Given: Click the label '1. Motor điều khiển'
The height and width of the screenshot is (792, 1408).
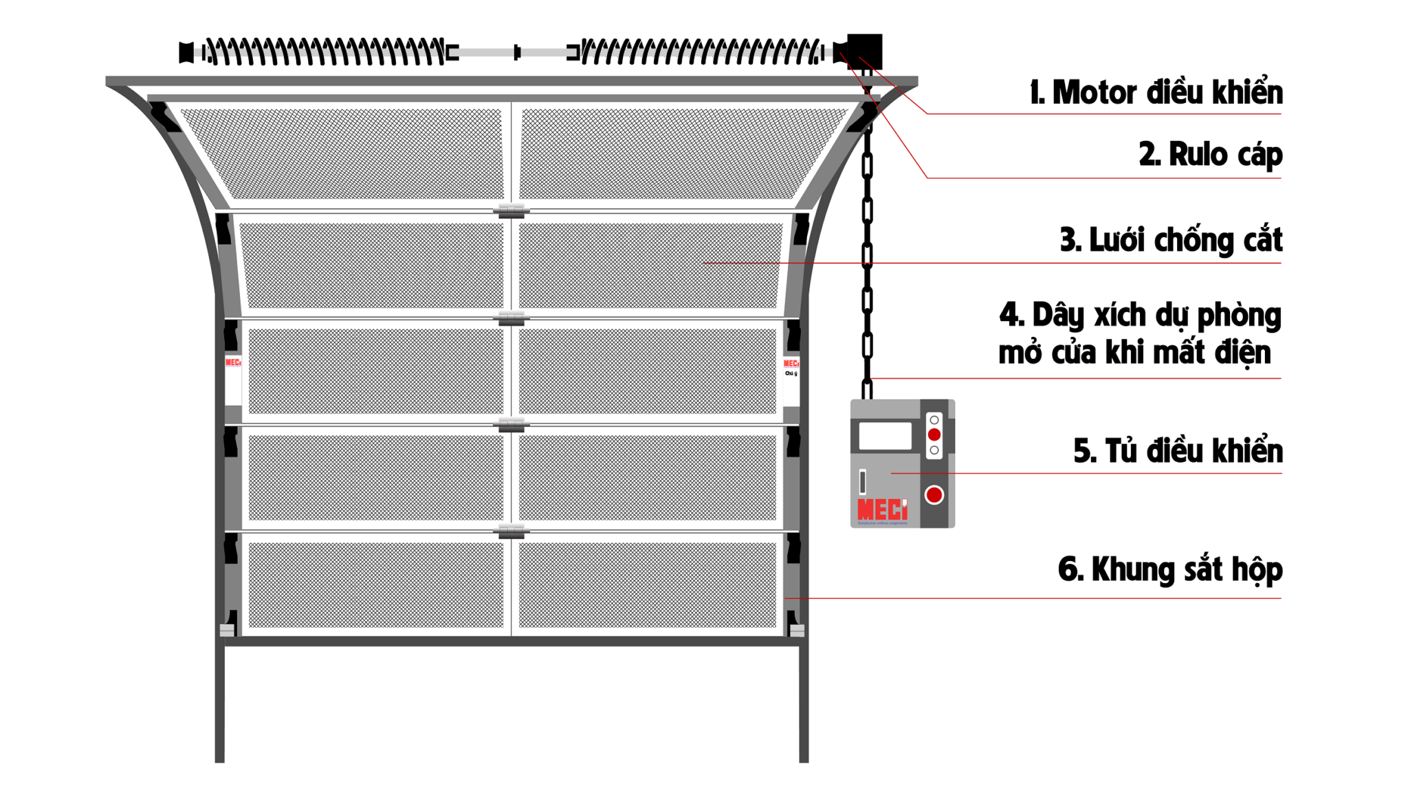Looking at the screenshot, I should [1155, 93].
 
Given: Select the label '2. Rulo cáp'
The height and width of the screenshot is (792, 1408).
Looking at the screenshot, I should [1210, 154].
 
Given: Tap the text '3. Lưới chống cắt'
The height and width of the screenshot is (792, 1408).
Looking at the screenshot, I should [1170, 240].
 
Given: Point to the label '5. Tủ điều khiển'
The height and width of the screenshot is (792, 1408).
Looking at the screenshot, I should [1177, 451].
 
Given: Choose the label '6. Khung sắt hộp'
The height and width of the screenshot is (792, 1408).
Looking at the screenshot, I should [1169, 569].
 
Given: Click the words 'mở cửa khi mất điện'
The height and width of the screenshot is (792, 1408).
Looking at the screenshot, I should [1134, 353].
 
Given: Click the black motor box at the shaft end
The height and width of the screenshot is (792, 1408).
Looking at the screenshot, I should [864, 51].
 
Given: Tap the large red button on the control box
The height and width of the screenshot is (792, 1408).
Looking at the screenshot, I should [934, 495].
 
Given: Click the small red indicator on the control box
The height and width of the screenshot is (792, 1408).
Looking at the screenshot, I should [934, 434].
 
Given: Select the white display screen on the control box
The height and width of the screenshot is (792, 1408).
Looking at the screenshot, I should [885, 436].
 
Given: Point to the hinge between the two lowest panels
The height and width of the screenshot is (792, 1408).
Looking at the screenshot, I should [511, 531].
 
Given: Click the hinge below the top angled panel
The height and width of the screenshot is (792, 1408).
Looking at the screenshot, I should [511, 210].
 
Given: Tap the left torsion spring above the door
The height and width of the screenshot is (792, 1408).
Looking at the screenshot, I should [323, 52].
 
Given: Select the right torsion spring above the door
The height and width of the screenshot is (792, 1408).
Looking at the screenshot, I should [701, 52].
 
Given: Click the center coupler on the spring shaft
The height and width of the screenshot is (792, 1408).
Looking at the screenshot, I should [517, 52].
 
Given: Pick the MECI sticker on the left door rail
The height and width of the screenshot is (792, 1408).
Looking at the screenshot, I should [233, 363].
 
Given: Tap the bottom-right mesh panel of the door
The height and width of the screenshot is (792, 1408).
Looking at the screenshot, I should [647, 584].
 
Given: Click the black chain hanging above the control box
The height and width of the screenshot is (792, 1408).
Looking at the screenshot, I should [867, 254].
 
